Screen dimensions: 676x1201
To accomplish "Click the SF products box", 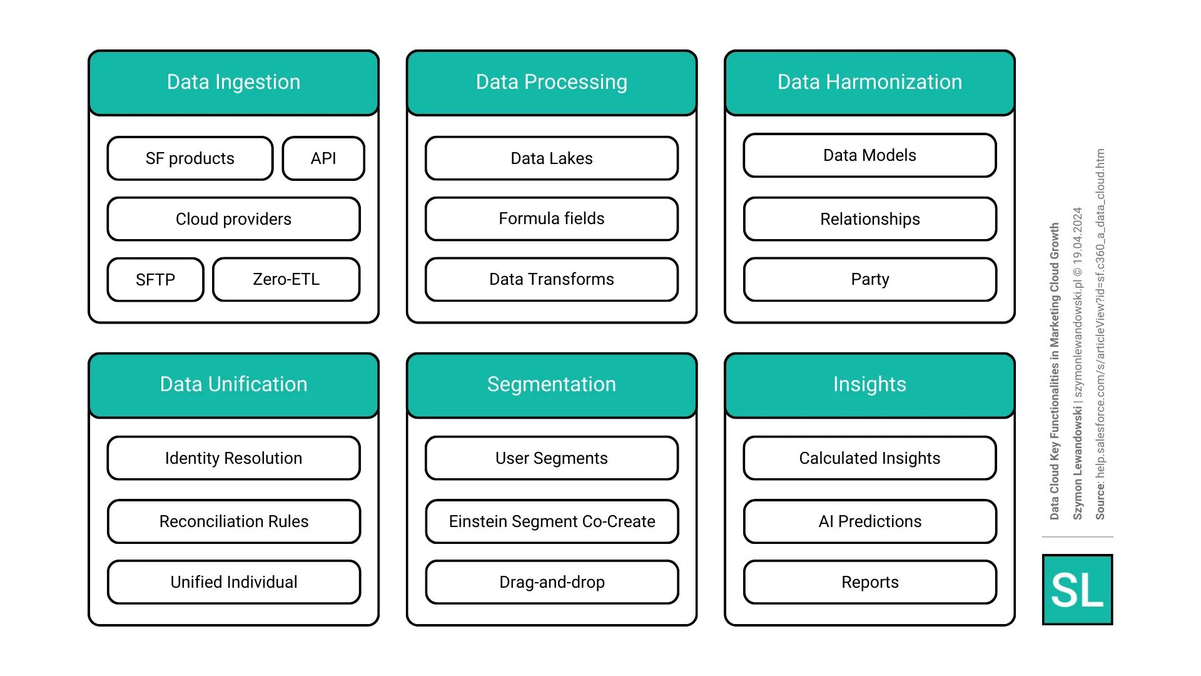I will (x=190, y=158).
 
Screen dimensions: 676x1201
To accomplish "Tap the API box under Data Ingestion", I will (x=323, y=158).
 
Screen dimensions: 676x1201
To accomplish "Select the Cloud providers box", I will (x=233, y=219).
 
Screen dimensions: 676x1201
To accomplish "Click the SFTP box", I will (x=155, y=279).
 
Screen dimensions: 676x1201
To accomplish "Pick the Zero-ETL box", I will (x=286, y=279).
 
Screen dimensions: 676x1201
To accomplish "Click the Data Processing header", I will (x=551, y=82).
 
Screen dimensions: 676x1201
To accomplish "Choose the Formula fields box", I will (x=551, y=218).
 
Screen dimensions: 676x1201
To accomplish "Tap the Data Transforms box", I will (x=551, y=279).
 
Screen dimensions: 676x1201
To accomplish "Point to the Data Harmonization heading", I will (x=869, y=82).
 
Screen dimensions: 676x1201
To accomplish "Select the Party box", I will (x=869, y=279).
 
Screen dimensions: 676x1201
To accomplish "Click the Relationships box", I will (x=869, y=219).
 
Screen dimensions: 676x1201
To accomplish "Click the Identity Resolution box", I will (x=233, y=458).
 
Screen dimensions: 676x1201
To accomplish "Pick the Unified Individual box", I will (x=233, y=582).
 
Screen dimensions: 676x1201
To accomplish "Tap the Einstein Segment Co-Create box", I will (x=551, y=521).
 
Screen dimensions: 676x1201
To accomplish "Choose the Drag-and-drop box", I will (x=551, y=582).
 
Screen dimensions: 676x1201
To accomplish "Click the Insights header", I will (x=869, y=384).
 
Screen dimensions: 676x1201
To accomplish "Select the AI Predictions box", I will (x=869, y=521).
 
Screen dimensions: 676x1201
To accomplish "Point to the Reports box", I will (x=869, y=582).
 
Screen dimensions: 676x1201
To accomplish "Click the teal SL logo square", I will (x=1077, y=590).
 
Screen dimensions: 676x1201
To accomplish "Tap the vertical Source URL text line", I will (x=1100, y=334).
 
